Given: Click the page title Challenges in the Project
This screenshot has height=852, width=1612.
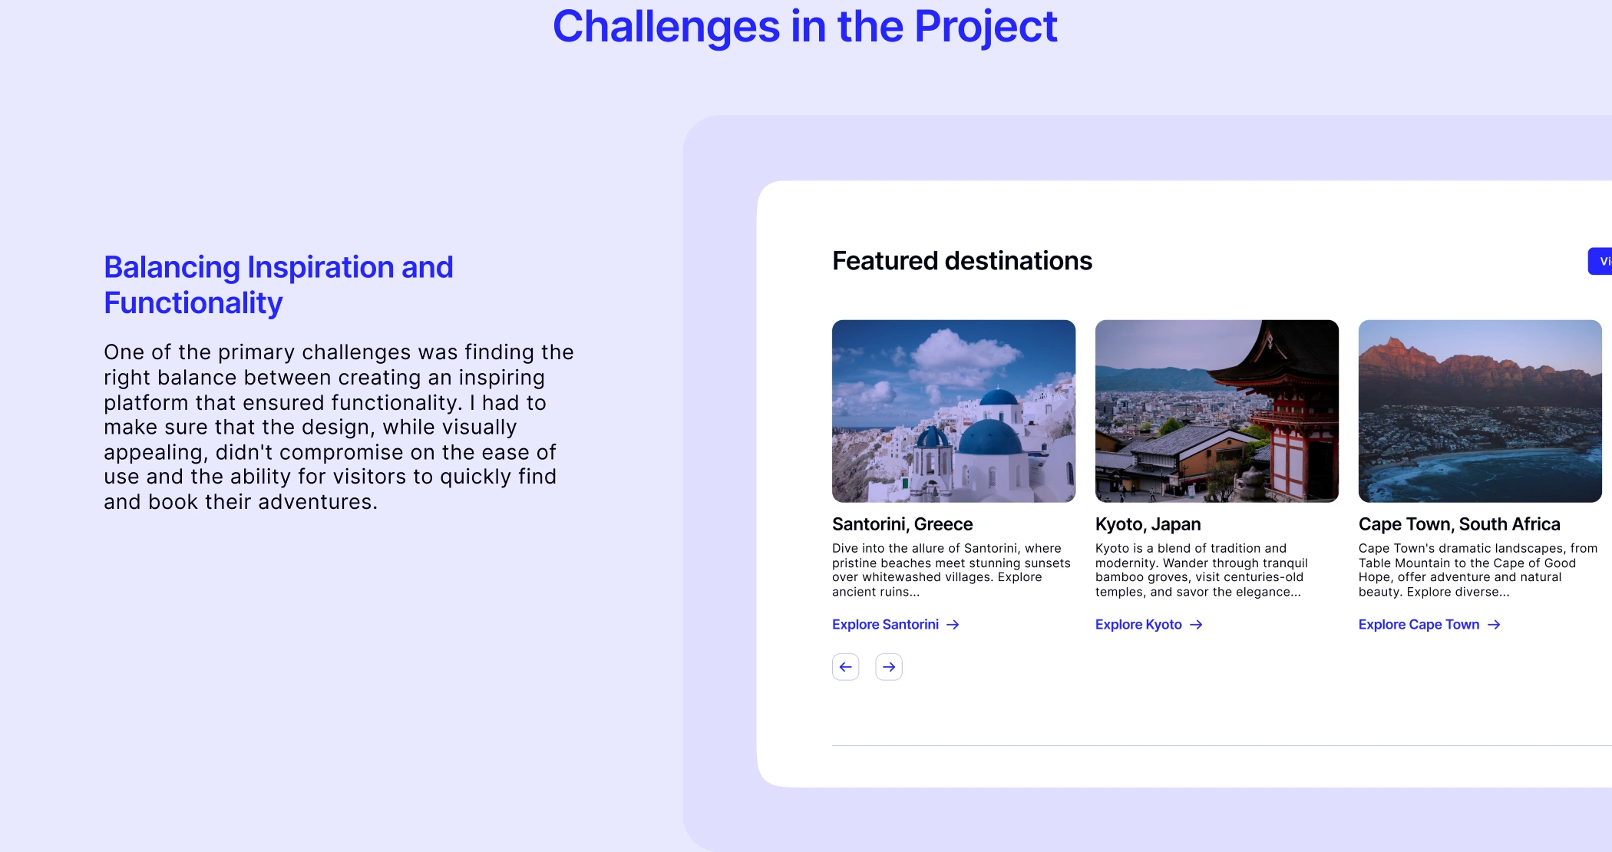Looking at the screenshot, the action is click(805, 27).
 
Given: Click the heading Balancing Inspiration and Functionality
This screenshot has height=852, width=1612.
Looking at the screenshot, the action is click(279, 285).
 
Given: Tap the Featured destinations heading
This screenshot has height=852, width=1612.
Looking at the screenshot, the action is click(962, 261).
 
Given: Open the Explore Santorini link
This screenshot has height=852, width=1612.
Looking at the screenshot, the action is click(896, 625).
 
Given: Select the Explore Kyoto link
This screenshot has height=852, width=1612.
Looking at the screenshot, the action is click(1149, 625).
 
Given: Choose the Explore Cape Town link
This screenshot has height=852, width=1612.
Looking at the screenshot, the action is click(1429, 625).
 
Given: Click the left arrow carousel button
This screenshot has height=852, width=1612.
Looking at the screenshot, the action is click(846, 667).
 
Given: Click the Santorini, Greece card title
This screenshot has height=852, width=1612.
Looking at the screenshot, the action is click(903, 524).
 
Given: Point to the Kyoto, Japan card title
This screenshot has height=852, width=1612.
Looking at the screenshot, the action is click(1148, 524).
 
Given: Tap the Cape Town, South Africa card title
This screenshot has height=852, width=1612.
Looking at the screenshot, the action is click(1459, 524).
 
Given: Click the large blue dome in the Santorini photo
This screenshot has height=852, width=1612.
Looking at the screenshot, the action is click(990, 438).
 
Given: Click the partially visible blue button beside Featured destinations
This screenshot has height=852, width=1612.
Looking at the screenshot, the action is click(1600, 261).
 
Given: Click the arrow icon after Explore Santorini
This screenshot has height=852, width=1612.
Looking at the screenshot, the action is click(953, 625).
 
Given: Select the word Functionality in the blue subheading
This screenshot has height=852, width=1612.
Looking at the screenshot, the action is click(193, 303).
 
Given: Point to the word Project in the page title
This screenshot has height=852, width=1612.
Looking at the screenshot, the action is click(986, 27).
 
